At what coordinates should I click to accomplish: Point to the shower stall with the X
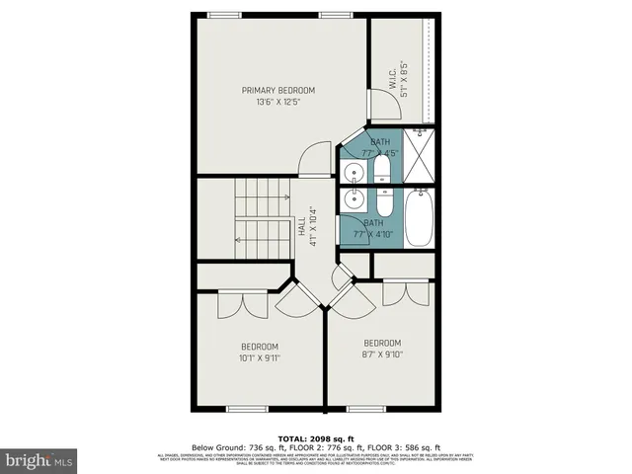click(x=419, y=158)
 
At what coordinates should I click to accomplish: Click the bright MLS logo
click(x=39, y=460)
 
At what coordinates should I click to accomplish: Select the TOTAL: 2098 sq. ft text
click(x=315, y=437)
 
